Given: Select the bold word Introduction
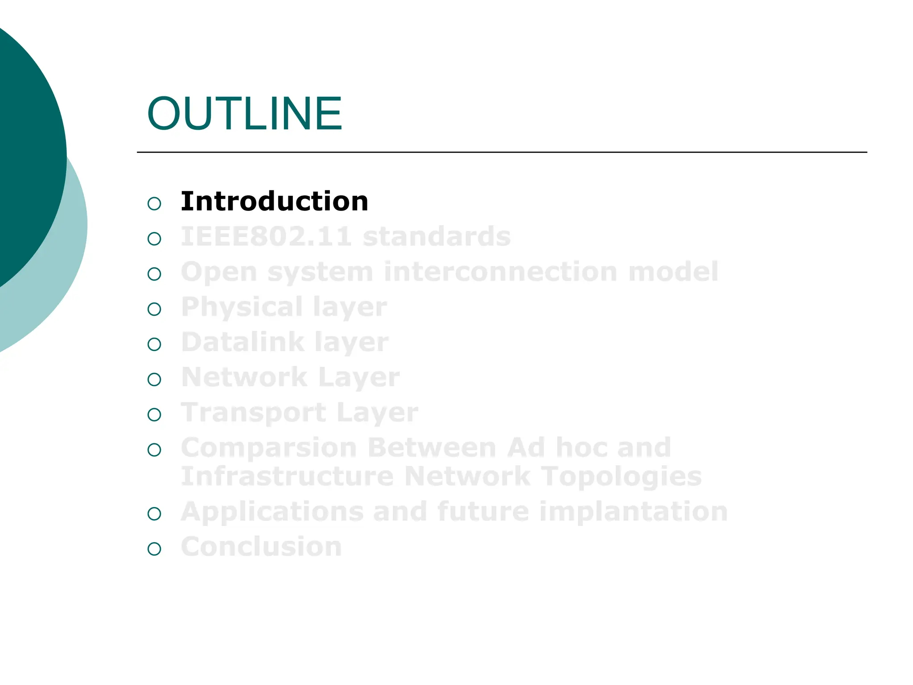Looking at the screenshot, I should click(x=274, y=201).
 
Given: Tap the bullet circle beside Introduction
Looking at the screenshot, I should click(x=154, y=204).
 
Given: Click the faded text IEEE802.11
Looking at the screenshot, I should click(x=266, y=236).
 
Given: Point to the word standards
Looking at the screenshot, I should click(x=436, y=236).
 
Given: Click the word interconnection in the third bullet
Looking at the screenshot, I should click(x=500, y=272).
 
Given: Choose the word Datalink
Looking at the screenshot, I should click(x=242, y=342).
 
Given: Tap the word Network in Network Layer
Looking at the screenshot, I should click(x=244, y=377).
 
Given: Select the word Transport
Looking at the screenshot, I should click(x=253, y=413).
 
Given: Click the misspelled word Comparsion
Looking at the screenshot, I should click(x=269, y=448).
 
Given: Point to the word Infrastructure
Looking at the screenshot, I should click(x=287, y=476).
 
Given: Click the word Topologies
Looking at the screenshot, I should click(x=621, y=476).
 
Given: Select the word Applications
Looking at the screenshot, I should click(x=272, y=512).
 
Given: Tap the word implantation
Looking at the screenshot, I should click(x=633, y=512).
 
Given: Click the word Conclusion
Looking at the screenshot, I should click(x=261, y=547).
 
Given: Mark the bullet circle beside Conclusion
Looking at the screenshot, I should click(x=154, y=549).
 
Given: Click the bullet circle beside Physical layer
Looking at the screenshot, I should click(x=154, y=309).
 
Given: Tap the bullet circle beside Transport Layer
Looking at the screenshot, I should click(x=154, y=415).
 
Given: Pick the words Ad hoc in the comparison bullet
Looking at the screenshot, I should click(x=557, y=448).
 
